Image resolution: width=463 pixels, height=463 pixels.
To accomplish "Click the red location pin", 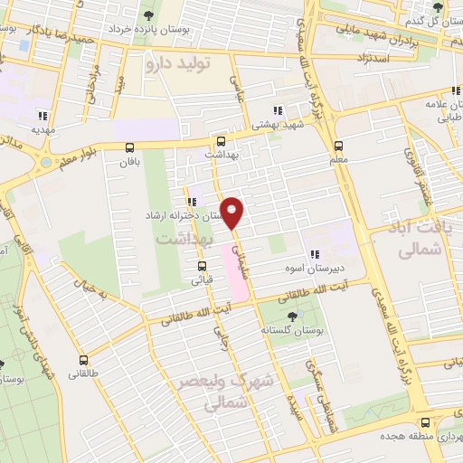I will coord(233,212).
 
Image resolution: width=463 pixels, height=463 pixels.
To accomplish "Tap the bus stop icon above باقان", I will coord(130,148).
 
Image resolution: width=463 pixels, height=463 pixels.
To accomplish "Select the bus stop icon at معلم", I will coord(338,145).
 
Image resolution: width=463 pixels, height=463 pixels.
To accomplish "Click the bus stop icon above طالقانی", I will coord(84,360).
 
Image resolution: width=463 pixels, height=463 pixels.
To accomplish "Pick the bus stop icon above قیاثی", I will coord(203,266).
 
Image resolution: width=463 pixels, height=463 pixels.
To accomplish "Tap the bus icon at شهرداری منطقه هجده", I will coord(426,421).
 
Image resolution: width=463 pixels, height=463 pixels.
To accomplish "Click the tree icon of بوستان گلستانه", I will coord(291,316).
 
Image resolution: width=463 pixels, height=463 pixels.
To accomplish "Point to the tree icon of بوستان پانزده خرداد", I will coord(149,14).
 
